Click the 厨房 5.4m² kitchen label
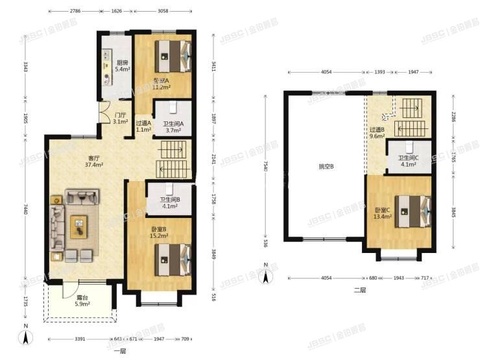pyautogui.click(x=121, y=66)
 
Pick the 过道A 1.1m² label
pyautogui.click(x=143, y=126)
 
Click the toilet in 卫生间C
pyautogui.click(x=410, y=148)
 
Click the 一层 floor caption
pyautogui.click(x=119, y=350)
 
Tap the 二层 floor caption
pyautogui.click(x=360, y=290)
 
